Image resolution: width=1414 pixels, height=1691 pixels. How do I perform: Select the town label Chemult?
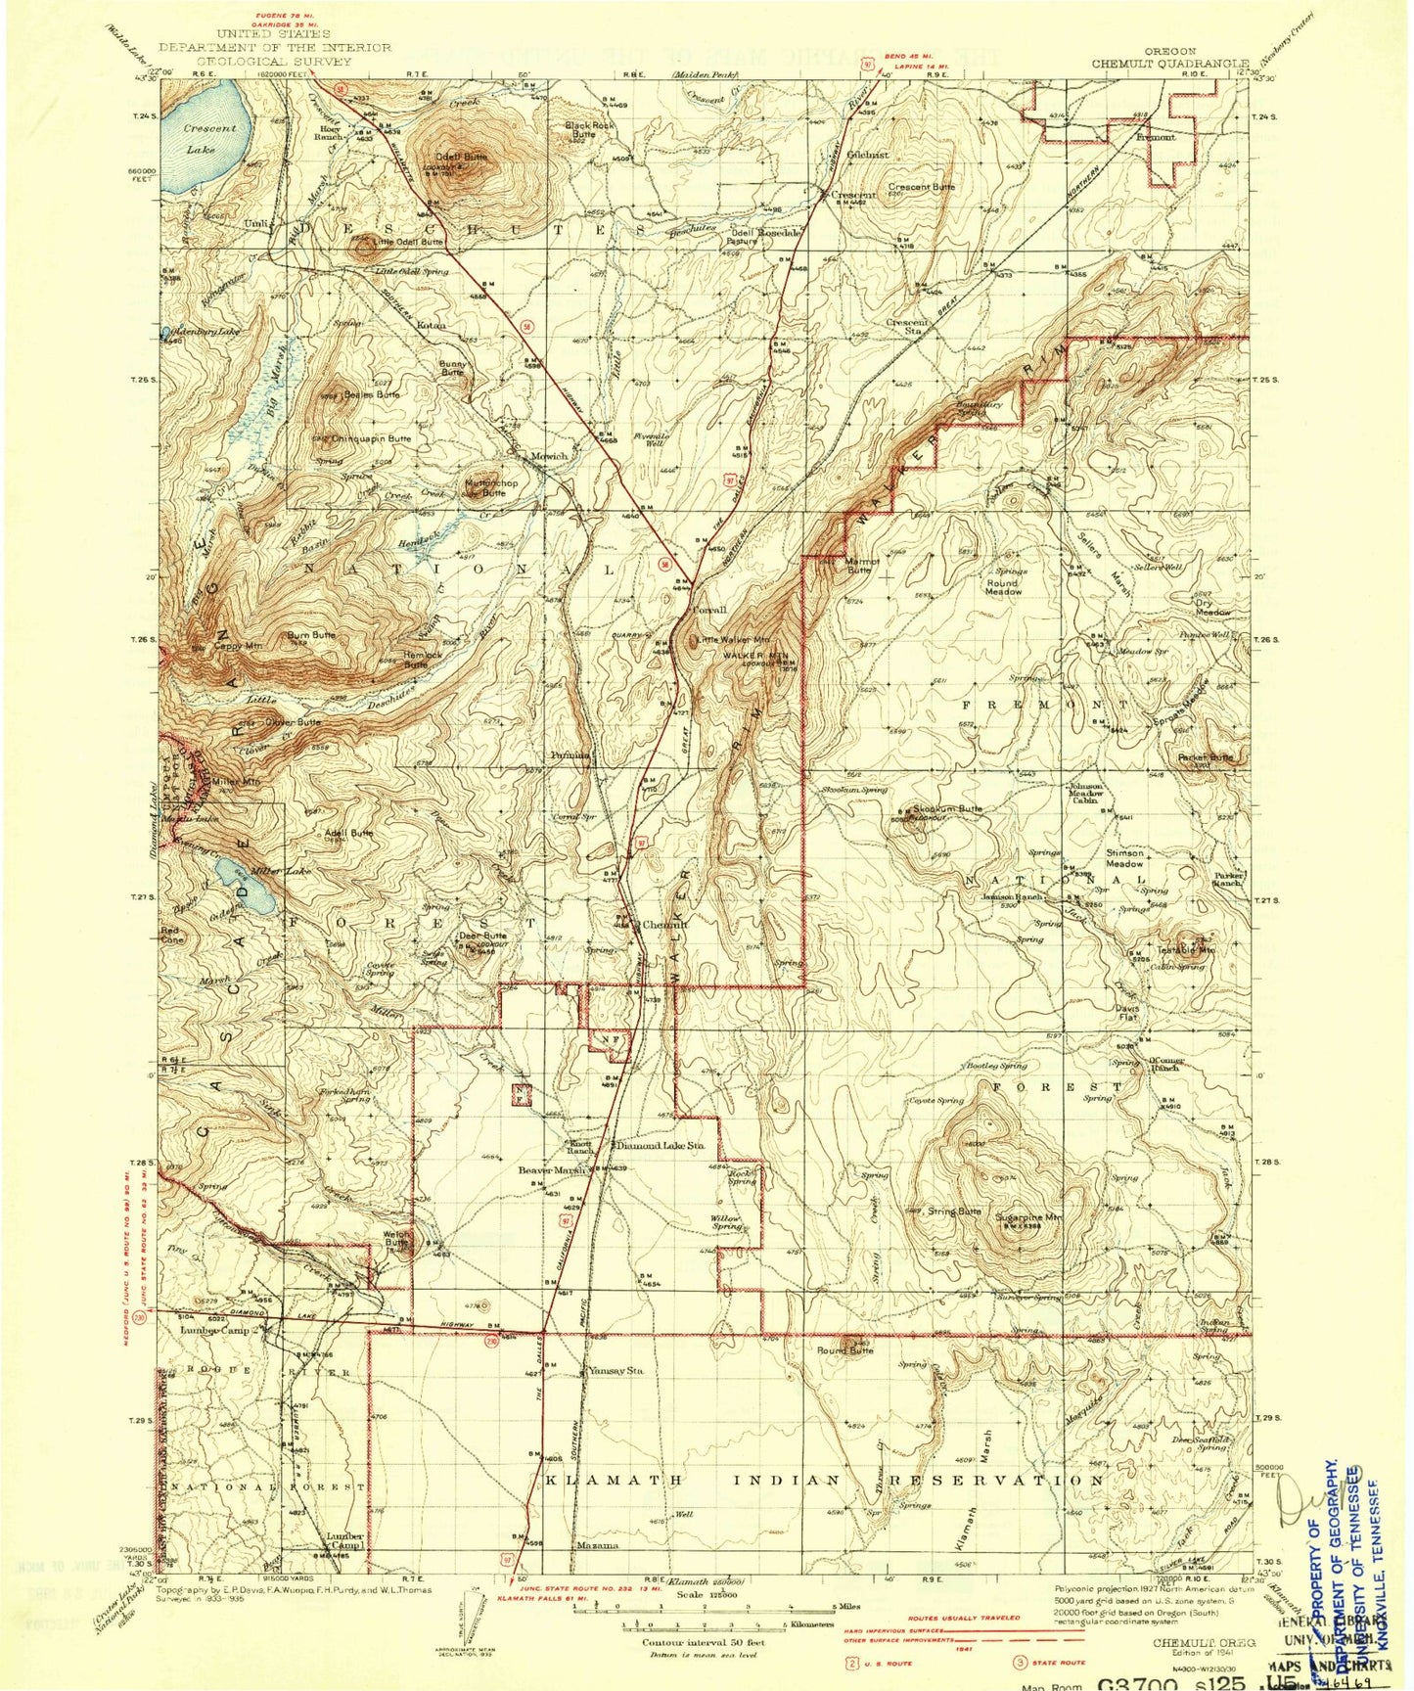664,924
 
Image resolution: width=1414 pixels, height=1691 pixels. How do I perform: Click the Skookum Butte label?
947,809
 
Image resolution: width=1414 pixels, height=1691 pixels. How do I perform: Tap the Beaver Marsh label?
552,1169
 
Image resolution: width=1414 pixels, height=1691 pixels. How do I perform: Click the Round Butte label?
844,1350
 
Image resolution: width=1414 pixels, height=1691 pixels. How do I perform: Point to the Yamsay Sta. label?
615,1371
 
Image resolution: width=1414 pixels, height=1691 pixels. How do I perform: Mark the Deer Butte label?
482,936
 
